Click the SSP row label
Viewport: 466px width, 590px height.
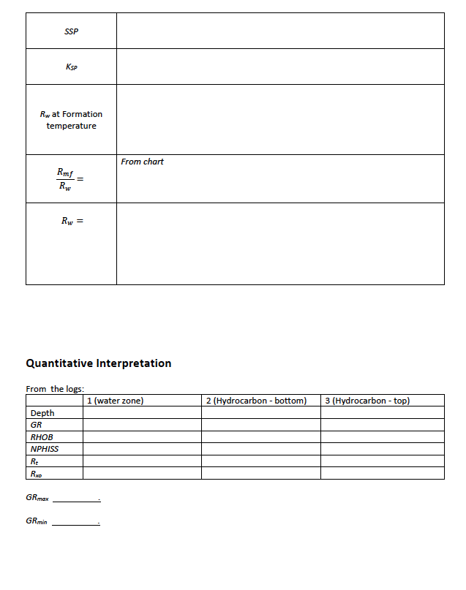pos(71,31)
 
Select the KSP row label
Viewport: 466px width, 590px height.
pos(71,67)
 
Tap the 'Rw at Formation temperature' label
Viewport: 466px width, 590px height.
pos(71,120)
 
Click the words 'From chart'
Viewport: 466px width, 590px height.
pos(142,162)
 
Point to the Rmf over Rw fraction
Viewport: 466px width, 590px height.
pos(67,178)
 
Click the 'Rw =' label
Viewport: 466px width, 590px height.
pos(72,219)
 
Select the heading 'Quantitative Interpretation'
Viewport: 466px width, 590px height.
pos(98,363)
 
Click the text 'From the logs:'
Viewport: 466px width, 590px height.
pos(54,388)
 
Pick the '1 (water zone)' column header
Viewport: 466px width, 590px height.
pos(115,401)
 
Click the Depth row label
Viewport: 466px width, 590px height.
pos(42,413)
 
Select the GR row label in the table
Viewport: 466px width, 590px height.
pos(36,425)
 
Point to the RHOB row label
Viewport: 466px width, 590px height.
pos(42,437)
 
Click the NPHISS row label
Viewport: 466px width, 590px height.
pos(45,449)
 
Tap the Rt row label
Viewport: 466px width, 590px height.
pos(34,461)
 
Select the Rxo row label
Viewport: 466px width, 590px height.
pos(34,473)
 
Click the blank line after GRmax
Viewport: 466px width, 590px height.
pos(76,501)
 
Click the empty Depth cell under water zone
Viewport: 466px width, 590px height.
pos(142,413)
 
